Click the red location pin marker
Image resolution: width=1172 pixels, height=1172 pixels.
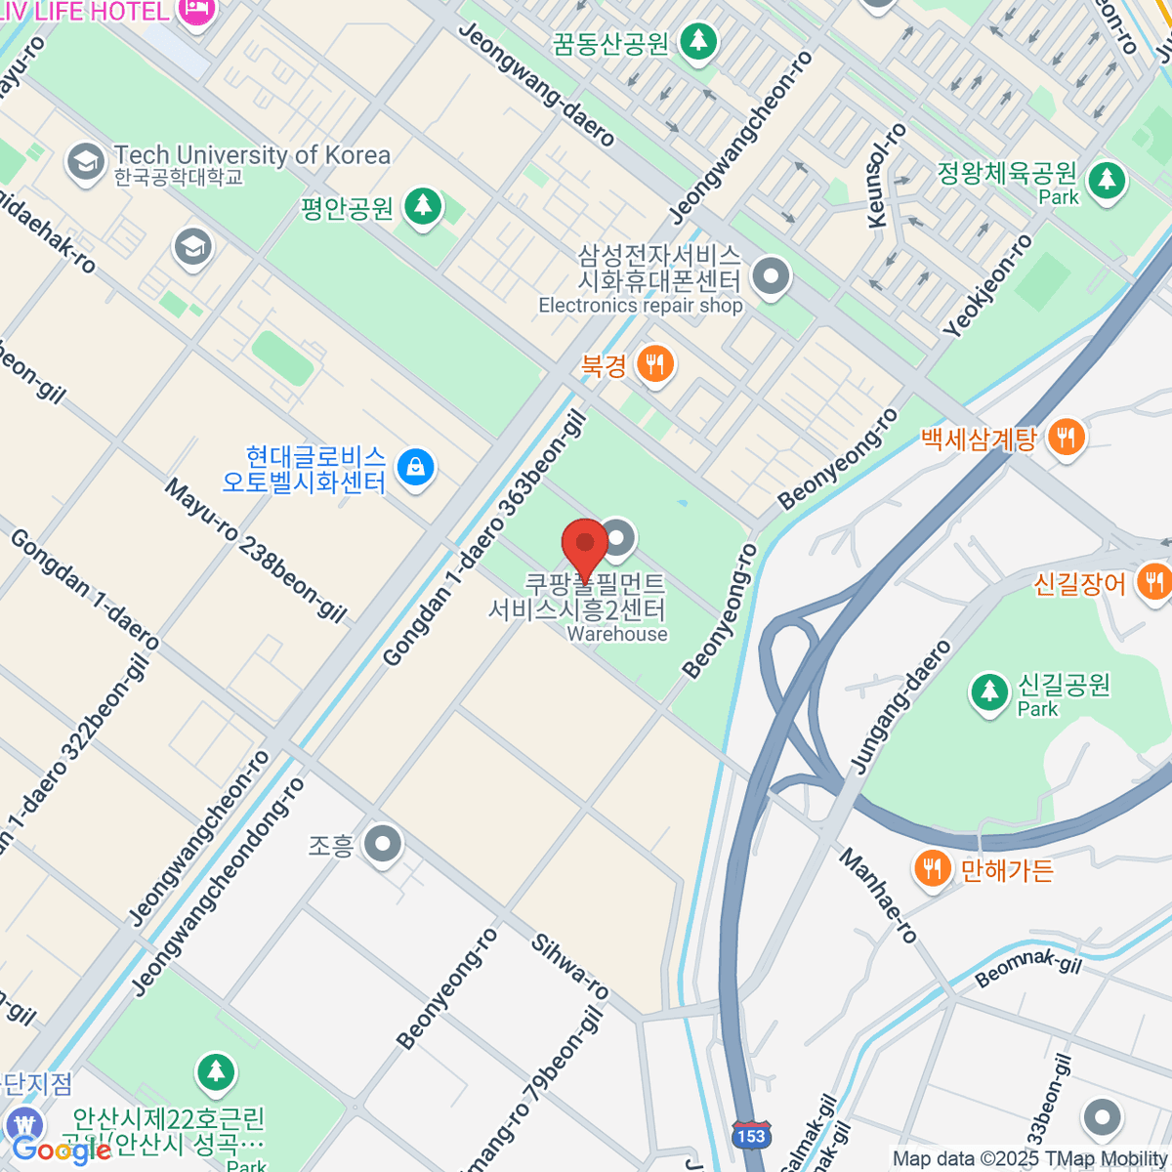585,545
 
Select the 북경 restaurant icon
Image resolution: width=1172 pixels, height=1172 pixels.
653,365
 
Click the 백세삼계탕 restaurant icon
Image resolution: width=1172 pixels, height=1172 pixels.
1067,438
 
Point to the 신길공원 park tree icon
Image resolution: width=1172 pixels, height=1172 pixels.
988,693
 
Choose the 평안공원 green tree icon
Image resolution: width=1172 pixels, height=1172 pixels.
423,207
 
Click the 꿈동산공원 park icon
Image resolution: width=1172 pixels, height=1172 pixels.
697,42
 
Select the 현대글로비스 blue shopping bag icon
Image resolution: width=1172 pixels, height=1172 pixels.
416,469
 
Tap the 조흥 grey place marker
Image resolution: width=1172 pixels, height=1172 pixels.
382,845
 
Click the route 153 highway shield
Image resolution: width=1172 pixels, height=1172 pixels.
751,1135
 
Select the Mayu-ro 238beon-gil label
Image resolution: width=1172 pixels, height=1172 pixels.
255,550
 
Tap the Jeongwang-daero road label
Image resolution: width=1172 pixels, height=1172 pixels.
536,84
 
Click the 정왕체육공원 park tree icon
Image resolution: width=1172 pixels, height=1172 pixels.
1106,182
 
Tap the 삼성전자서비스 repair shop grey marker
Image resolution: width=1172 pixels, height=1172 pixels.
772,276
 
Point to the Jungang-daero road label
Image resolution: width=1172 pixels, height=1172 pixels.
900,707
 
